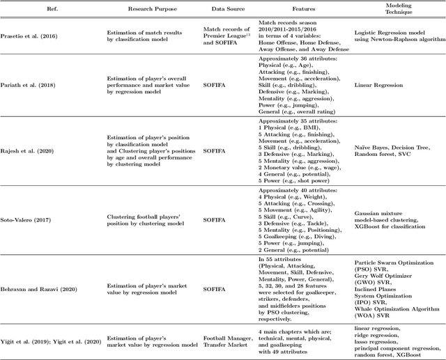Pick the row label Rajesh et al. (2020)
coord(30,149)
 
